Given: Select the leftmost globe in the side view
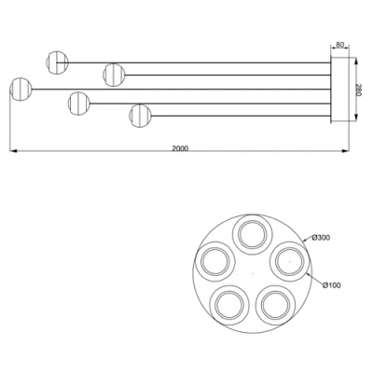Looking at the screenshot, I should [x=20, y=90].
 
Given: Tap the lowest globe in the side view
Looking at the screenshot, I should [x=141, y=116].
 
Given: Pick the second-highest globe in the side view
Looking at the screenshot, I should [x=115, y=73].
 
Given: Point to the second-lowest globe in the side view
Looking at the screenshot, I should [x=79, y=102].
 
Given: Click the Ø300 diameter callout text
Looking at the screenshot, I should [x=322, y=239].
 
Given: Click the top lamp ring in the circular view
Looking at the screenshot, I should [x=251, y=233].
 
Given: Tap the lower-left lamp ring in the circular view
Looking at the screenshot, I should [x=228, y=304].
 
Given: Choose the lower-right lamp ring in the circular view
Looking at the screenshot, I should [x=273, y=304].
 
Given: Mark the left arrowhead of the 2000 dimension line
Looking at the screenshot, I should [x=11, y=152].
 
